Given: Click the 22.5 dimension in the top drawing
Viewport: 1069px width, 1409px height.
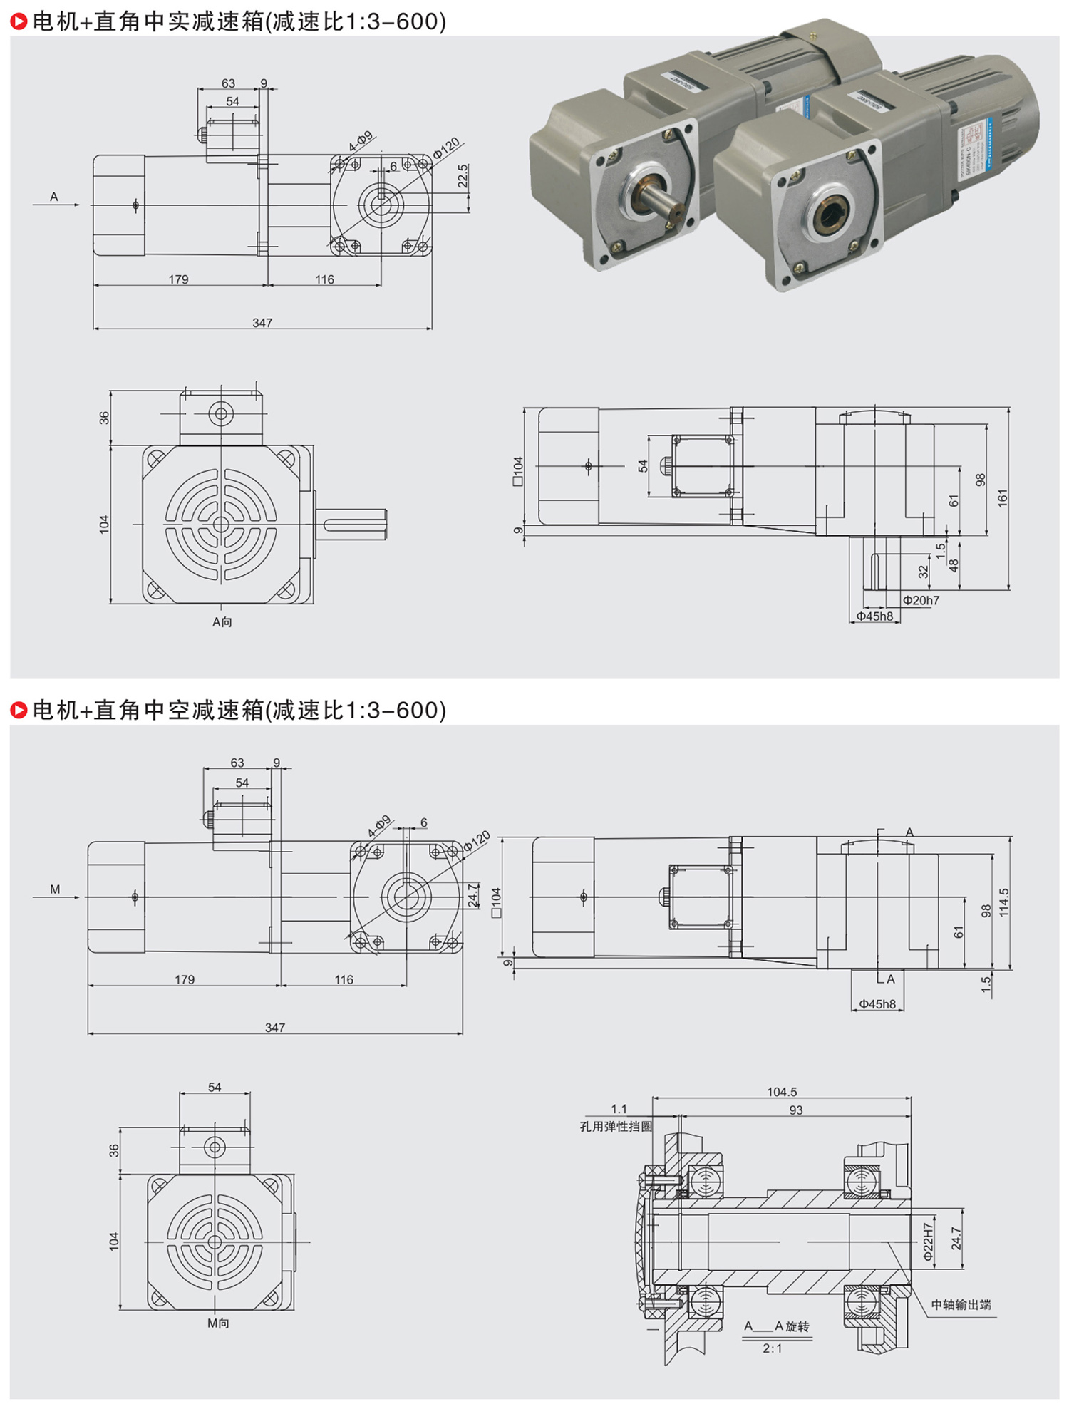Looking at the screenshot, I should click(x=463, y=176).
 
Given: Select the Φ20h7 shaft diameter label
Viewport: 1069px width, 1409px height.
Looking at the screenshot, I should click(x=921, y=600).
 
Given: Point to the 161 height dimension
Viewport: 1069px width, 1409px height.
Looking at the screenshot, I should click(x=1003, y=498).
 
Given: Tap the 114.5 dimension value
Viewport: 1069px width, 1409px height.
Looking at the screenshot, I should click(x=1003, y=902).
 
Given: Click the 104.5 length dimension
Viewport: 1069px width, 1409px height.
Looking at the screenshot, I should click(x=782, y=1091).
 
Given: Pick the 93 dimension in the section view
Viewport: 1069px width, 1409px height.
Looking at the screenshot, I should click(x=796, y=1110).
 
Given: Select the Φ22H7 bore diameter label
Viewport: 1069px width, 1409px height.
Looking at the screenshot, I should click(x=928, y=1243).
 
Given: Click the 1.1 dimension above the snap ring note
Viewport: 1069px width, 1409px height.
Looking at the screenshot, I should click(x=619, y=1108).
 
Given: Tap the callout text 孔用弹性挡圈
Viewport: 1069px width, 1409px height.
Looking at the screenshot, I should click(x=616, y=1126).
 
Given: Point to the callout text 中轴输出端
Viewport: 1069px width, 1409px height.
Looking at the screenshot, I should click(x=961, y=1304).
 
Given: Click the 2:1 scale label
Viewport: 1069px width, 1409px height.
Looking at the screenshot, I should click(x=773, y=1348).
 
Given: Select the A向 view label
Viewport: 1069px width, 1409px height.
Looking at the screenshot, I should click(x=222, y=621).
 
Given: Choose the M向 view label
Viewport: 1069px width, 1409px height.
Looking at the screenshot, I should click(x=218, y=1323).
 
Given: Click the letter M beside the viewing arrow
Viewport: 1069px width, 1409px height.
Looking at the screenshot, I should click(x=55, y=889).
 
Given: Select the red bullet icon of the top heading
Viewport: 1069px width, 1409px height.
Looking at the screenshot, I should click(x=19, y=22).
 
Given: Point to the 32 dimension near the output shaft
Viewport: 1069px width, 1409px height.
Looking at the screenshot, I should click(x=924, y=571).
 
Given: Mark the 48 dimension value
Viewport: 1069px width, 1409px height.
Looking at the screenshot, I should click(x=954, y=565).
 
